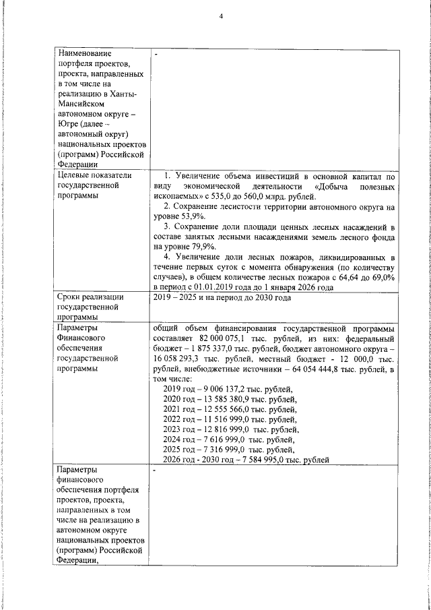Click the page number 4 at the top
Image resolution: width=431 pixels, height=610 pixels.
click(220, 16)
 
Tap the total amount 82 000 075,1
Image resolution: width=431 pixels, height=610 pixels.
click(224, 338)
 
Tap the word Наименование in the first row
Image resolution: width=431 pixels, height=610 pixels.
click(85, 53)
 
